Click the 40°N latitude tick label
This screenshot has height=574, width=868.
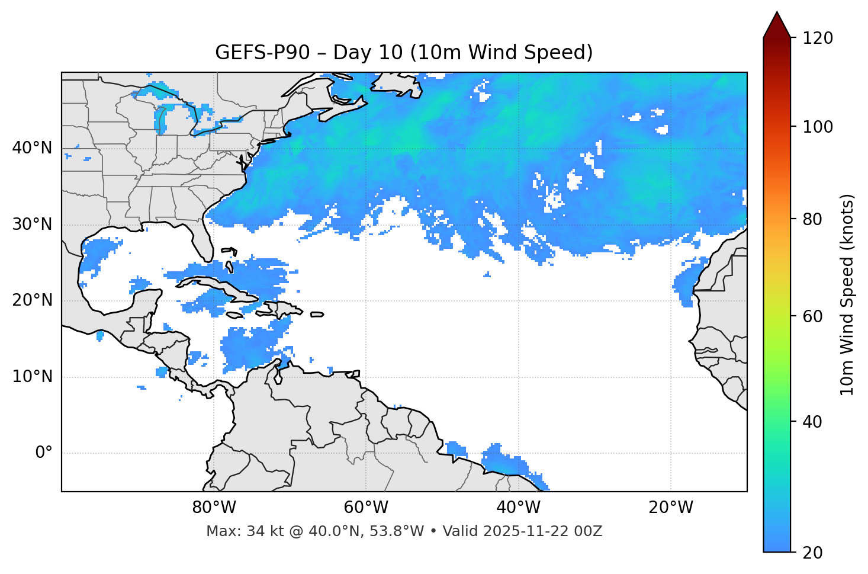(32, 148)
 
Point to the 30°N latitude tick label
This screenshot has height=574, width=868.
(32, 225)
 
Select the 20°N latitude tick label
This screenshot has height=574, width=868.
(32, 300)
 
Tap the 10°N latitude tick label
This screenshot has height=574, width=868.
(32, 377)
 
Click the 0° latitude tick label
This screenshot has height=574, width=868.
(43, 453)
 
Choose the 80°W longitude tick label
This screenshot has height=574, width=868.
(214, 508)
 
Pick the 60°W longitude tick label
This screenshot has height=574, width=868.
(366, 508)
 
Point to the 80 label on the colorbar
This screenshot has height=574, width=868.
(815, 219)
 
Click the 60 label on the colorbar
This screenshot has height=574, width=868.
(815, 316)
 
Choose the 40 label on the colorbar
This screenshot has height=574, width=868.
(815, 422)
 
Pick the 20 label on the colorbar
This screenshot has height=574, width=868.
(815, 553)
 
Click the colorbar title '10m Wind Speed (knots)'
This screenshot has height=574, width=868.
(847, 295)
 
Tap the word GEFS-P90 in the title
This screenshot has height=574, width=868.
(262, 53)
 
